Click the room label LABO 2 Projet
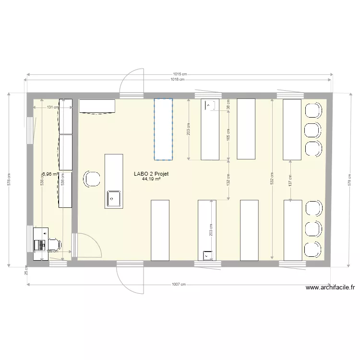151,174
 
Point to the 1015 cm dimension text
180,74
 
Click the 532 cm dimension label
272,178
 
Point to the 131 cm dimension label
53,108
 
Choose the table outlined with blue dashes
163,129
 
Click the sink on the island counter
113,198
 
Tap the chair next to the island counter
92,179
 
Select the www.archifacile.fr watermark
330,288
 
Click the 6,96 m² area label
50,175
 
